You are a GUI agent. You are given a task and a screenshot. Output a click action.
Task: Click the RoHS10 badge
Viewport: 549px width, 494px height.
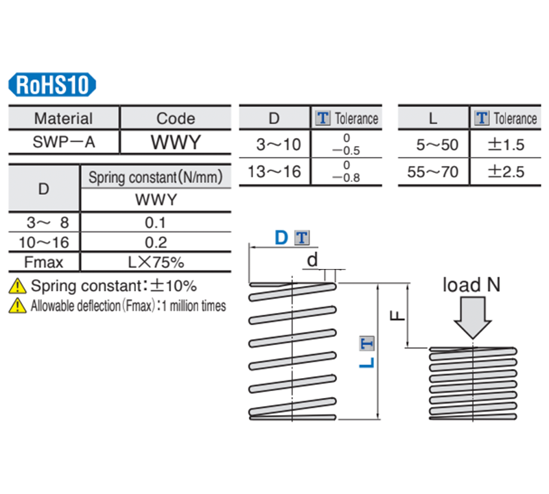tap(52, 85)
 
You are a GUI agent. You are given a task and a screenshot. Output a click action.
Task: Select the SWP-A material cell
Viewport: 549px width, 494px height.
tap(63, 142)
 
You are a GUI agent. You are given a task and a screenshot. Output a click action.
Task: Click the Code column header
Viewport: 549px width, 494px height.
tap(176, 118)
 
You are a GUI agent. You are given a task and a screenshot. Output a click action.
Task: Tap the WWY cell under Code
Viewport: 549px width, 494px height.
tap(176, 142)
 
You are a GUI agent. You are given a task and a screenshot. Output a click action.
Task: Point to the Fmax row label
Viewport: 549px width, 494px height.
tap(44, 261)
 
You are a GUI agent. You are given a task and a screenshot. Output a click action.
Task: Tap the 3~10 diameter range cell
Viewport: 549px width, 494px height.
tap(274, 145)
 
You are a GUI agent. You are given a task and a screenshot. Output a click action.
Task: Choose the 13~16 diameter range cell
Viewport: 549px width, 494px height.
tap(274, 172)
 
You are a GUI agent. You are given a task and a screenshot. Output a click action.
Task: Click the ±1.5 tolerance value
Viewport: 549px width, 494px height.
tap(505, 145)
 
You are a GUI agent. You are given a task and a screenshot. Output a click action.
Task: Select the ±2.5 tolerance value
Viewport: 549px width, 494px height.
tap(505, 172)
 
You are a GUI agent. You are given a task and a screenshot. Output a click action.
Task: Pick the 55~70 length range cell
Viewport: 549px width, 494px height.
tap(432, 172)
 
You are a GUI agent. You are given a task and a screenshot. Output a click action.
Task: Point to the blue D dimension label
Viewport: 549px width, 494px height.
tap(281, 238)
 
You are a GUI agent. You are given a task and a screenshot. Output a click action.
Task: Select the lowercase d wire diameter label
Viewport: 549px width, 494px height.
tap(312, 260)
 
